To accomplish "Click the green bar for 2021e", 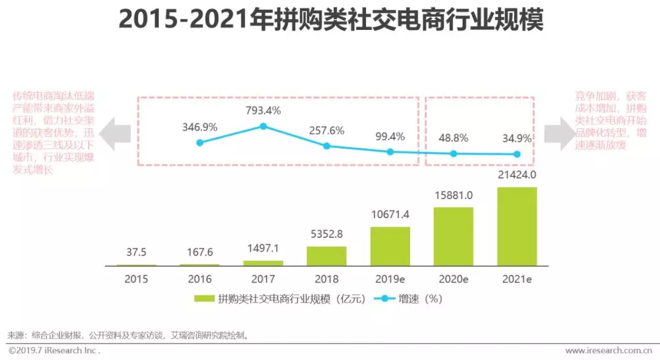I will tap(517, 226).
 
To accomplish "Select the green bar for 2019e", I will tap(390, 246).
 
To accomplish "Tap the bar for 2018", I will tap(326, 256).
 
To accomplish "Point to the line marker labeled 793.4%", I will tap(263, 127).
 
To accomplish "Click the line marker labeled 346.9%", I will tap(199, 143).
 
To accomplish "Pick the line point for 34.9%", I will tap(517, 154).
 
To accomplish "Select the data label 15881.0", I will tap(453, 196).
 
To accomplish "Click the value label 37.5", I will tap(136, 252).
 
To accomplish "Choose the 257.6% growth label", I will tap(326, 131).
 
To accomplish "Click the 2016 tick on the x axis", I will tap(200, 279).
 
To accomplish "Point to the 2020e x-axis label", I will tap(453, 279).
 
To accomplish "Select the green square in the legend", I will tap(204, 299).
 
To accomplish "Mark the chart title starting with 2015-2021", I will tap(331, 20).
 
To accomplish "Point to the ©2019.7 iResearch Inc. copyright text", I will tap(54, 351).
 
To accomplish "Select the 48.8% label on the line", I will tap(453, 138).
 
